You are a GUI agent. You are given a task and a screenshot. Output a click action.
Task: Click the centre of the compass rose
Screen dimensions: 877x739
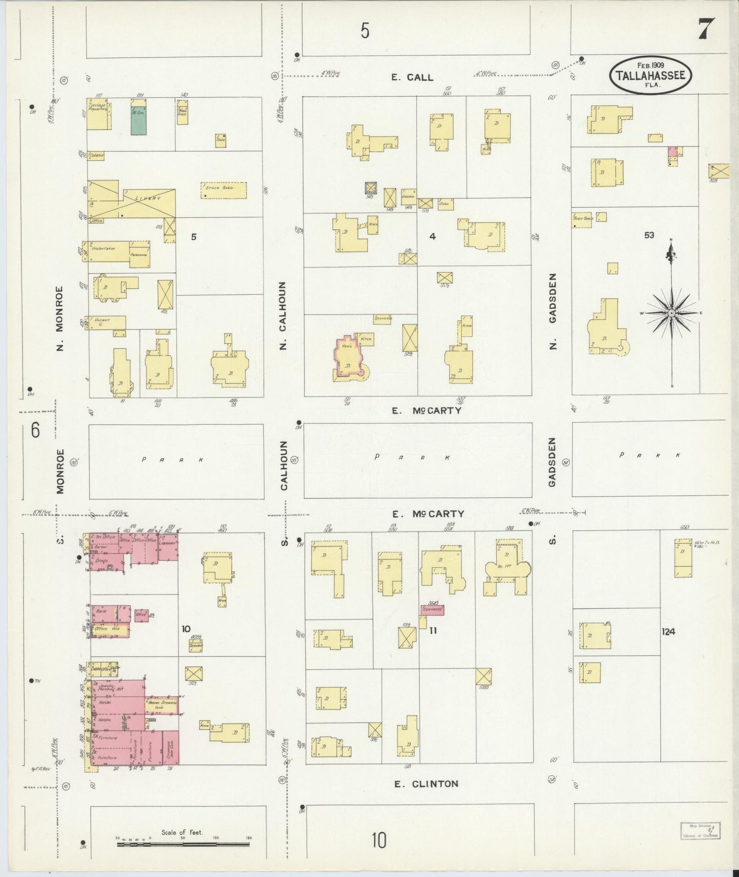[x=671, y=313]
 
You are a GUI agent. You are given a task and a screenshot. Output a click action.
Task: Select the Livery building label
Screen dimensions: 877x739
[x=148, y=199]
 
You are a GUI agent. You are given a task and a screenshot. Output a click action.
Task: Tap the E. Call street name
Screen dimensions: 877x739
[x=412, y=77]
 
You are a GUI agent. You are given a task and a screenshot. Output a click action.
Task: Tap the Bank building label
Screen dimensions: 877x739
[x=101, y=611]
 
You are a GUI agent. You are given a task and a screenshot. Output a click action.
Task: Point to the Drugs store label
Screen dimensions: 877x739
[x=101, y=561]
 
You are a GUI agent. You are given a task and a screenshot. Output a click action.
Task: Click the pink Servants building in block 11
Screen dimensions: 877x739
[x=432, y=609]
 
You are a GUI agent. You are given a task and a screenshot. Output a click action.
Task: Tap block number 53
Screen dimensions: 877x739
[x=649, y=235]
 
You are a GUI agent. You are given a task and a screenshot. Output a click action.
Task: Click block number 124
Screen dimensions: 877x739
[x=668, y=631]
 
